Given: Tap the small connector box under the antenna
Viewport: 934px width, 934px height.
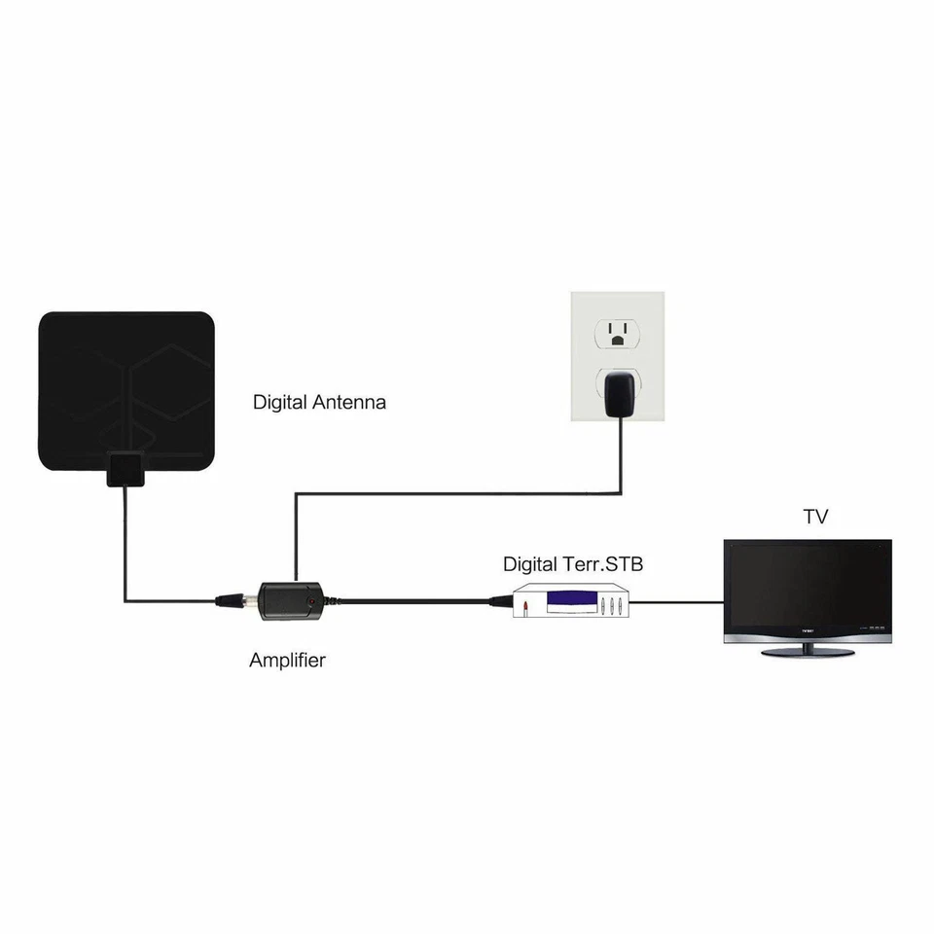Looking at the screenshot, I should point(125,469).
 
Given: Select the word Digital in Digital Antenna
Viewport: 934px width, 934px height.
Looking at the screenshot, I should point(280,402).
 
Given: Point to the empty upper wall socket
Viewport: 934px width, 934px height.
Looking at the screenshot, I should point(616,334).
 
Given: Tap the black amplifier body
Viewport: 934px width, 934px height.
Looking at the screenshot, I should point(288,600).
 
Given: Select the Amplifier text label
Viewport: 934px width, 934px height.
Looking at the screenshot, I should point(287,661).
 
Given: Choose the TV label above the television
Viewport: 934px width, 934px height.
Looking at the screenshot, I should point(815,517).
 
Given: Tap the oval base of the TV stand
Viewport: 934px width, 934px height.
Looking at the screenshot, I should point(809,651).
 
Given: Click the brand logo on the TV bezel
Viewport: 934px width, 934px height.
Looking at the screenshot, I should point(809,629).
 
